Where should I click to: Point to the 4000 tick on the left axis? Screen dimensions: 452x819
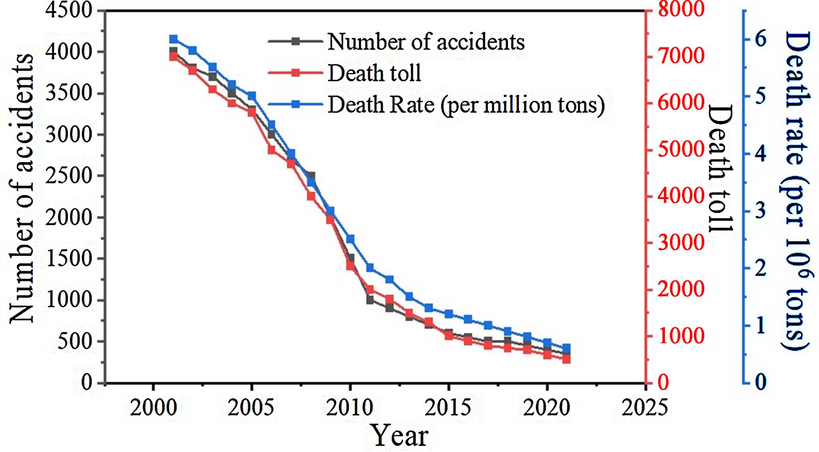pos(69,52)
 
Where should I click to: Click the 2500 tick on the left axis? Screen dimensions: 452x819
pos(69,176)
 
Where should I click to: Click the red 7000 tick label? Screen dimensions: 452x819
pos(681,55)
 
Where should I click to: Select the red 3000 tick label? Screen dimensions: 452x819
pos(681,242)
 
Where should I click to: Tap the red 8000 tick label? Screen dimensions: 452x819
pos(681,9)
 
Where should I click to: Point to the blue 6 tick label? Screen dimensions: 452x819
pos(760,39)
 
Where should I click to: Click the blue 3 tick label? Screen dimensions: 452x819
pos(760,211)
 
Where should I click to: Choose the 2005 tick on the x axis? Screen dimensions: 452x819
pos(251,407)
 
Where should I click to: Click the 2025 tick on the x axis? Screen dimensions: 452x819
pos(645,407)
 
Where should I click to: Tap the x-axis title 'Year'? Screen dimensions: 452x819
pos(399,436)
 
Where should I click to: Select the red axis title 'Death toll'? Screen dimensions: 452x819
pos(720,168)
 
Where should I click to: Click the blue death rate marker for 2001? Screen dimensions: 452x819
pos(173,39)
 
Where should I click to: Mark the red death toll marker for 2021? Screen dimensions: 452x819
pos(567,359)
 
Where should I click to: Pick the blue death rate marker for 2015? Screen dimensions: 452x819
pos(449,314)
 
